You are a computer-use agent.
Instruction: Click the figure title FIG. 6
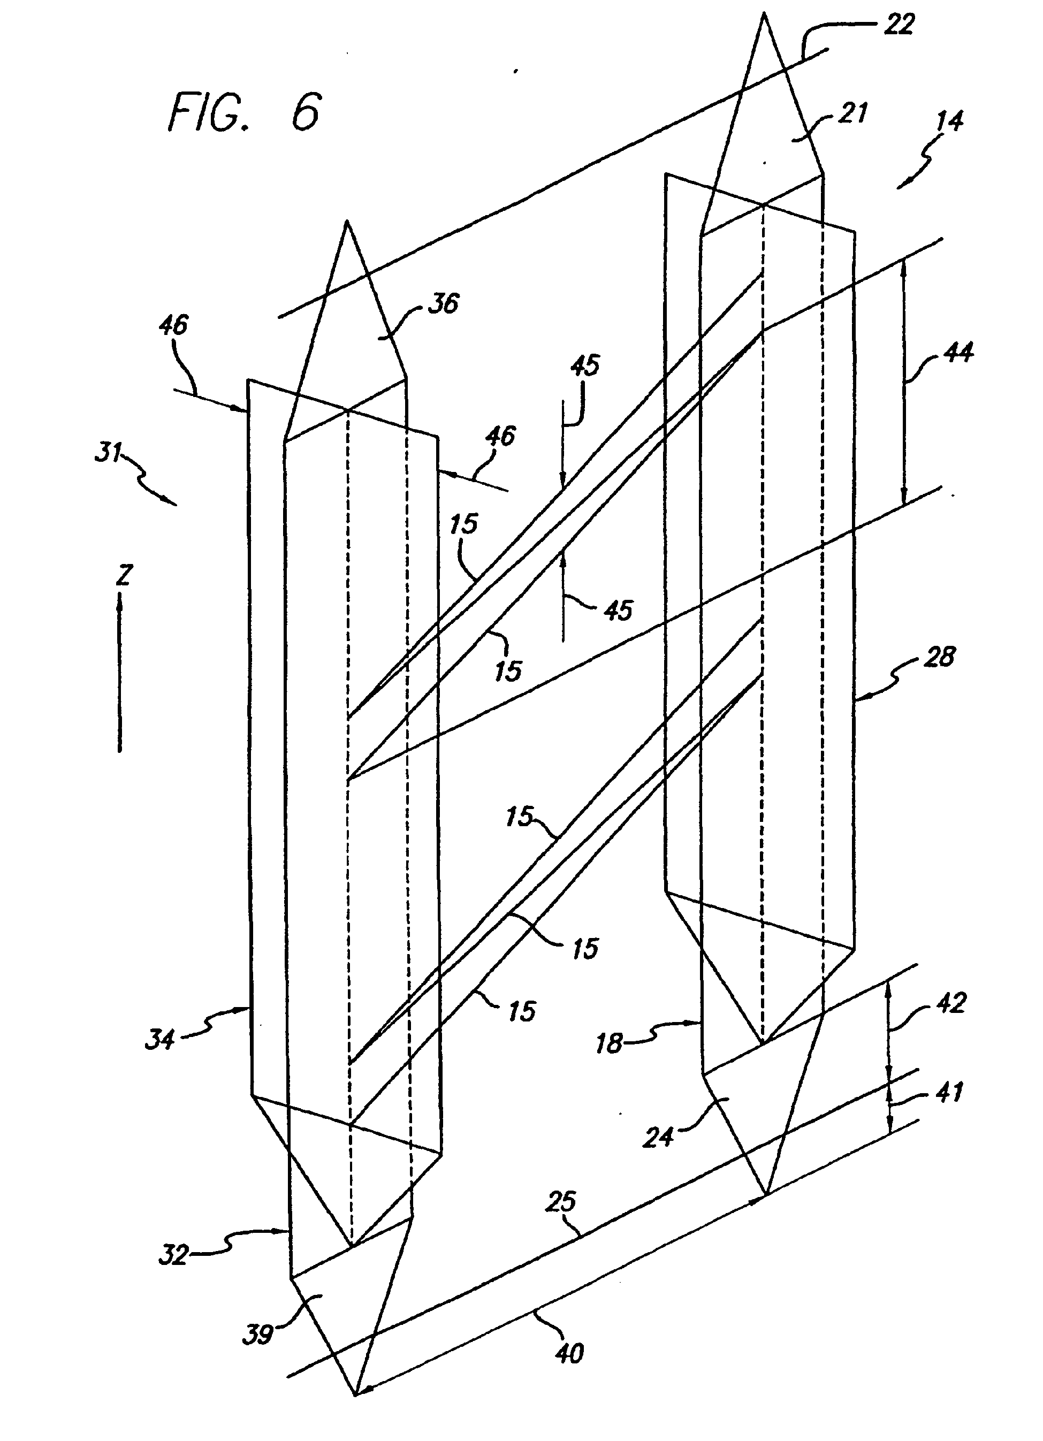pos(245,112)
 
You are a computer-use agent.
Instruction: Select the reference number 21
pos(853,114)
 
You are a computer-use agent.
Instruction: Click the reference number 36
pos(443,304)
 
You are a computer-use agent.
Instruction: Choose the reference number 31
pos(108,452)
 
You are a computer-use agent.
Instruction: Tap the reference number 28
pos(939,657)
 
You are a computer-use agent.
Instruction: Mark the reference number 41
pos(949,1092)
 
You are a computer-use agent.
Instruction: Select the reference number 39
pos(258,1335)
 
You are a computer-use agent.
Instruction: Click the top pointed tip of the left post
pos(347,221)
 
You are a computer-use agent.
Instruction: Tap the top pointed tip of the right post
pos(765,14)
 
